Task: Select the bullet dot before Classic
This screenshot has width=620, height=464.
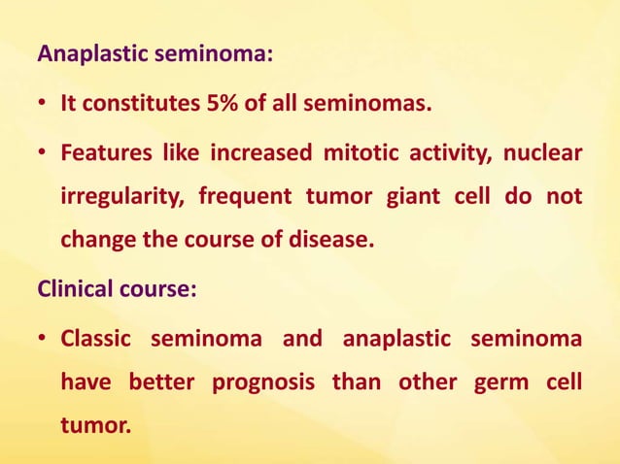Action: click(45, 340)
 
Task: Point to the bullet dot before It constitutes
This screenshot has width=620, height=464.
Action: click(45, 104)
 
